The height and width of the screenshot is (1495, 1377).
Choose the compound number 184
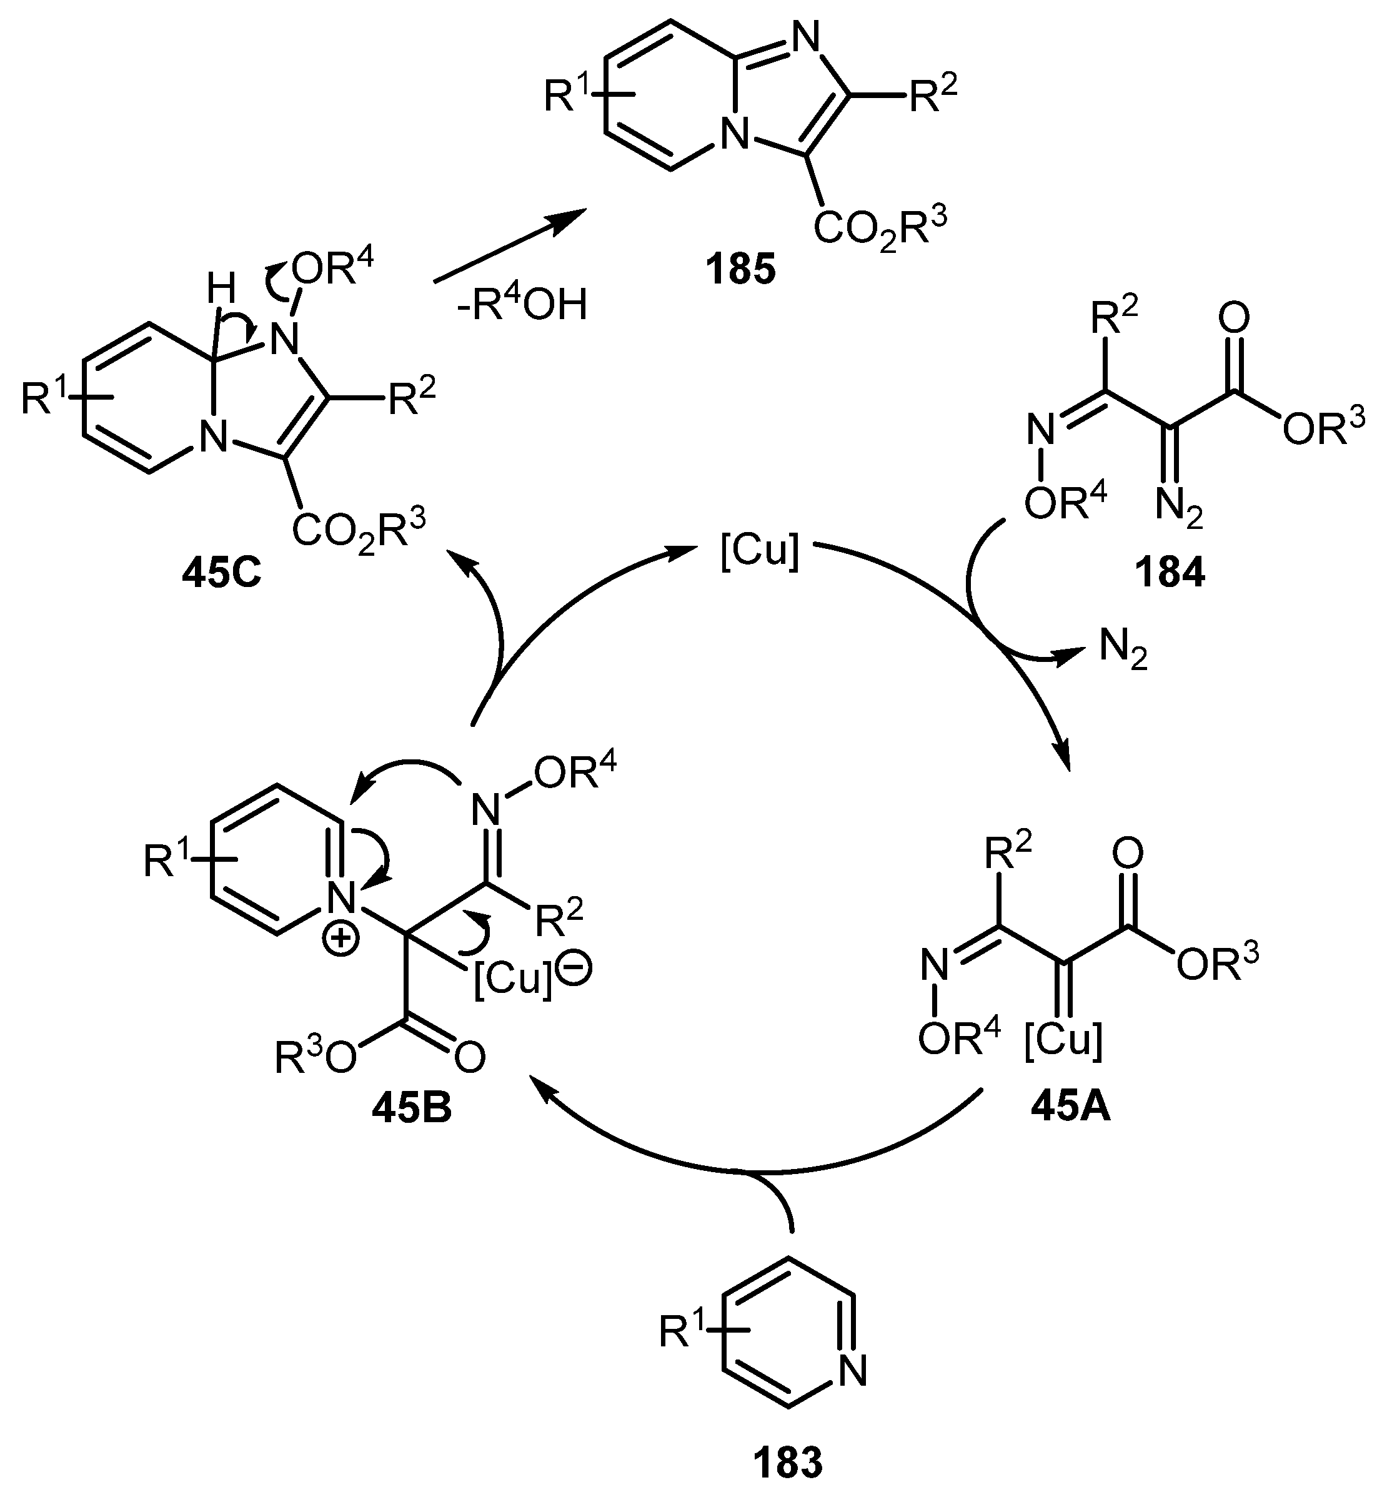point(1169,573)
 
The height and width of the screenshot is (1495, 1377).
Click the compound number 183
point(788,1463)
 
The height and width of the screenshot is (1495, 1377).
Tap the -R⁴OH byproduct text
point(522,305)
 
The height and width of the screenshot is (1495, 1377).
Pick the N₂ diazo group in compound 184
point(1179,509)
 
